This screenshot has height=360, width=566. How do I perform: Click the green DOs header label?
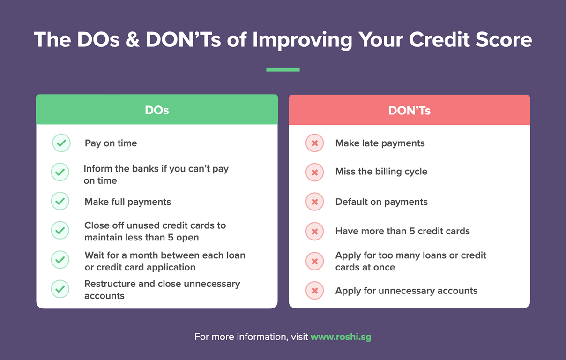pyautogui.click(x=156, y=111)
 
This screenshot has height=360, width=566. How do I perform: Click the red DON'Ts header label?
pyautogui.click(x=409, y=111)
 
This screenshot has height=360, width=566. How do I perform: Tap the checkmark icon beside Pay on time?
pyautogui.click(x=61, y=143)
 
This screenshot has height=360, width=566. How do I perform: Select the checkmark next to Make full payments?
pyautogui.click(x=60, y=202)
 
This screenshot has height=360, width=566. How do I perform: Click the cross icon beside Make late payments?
pyautogui.click(x=314, y=143)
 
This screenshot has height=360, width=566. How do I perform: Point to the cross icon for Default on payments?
pyautogui.click(x=314, y=202)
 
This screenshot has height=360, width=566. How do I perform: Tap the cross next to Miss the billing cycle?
pyautogui.click(x=314, y=172)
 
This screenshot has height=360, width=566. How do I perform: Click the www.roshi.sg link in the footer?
pyautogui.click(x=341, y=337)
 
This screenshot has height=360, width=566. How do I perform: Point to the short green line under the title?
pyautogui.click(x=283, y=70)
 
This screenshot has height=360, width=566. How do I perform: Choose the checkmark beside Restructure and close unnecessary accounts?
pyautogui.click(x=60, y=289)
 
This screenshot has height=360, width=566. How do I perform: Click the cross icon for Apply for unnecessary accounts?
pyautogui.click(x=314, y=291)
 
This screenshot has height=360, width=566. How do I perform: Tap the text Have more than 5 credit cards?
pyautogui.click(x=402, y=231)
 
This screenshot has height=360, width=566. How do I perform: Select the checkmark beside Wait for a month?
pyautogui.click(x=60, y=260)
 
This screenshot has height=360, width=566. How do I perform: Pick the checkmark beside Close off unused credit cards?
pyautogui.click(x=60, y=231)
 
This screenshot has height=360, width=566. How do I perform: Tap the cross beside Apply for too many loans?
pyautogui.click(x=314, y=261)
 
